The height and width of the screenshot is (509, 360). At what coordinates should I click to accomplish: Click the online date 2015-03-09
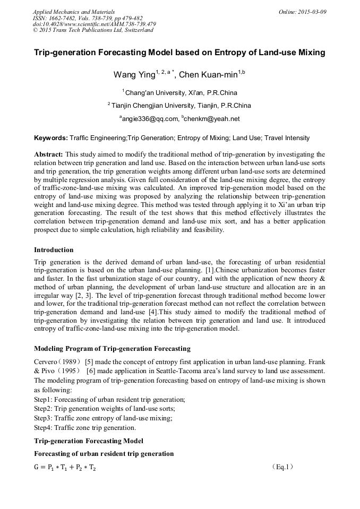302,11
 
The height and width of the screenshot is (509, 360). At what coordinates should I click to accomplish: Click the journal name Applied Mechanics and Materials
74,11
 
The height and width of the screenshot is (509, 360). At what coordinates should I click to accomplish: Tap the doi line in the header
95,24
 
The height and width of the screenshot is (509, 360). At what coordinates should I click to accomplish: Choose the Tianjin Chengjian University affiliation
181,105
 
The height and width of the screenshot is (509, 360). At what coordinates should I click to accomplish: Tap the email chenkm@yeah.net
212,118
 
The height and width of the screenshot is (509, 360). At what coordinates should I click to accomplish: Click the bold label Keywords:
51,138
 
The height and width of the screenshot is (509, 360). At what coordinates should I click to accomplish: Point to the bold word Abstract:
49,154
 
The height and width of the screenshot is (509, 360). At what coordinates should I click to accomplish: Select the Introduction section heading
54,250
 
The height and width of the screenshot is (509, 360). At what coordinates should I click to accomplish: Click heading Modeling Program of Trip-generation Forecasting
112,349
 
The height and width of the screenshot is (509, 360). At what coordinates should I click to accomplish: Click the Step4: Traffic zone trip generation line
85,428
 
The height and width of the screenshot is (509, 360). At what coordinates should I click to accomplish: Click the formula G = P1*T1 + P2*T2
65,468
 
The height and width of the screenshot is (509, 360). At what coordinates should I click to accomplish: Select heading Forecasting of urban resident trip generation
104,454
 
